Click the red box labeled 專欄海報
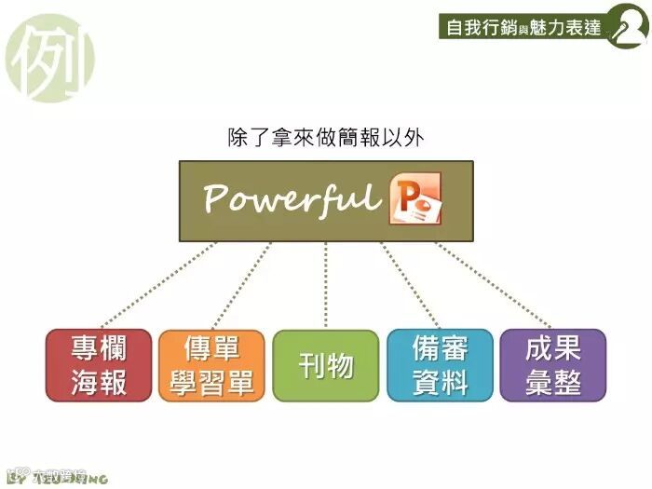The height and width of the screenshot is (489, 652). (x=99, y=365)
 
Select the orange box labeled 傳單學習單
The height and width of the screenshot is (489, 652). (x=212, y=365)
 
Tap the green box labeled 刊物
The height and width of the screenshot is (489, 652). (x=326, y=365)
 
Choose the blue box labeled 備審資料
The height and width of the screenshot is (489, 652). (x=440, y=365)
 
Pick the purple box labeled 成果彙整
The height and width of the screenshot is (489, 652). (x=553, y=365)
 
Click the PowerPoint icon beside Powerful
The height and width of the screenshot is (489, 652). (x=415, y=197)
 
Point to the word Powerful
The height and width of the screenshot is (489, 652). (x=292, y=197)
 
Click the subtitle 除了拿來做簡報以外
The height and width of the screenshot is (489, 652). (x=326, y=138)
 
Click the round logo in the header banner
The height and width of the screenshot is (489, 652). (x=625, y=28)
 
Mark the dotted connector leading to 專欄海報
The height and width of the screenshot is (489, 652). (x=158, y=284)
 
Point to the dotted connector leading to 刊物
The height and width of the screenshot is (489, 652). (x=326, y=284)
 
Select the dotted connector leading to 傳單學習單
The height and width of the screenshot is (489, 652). (x=242, y=284)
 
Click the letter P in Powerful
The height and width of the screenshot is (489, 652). (x=217, y=197)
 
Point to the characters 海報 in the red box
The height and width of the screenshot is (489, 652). (x=99, y=382)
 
